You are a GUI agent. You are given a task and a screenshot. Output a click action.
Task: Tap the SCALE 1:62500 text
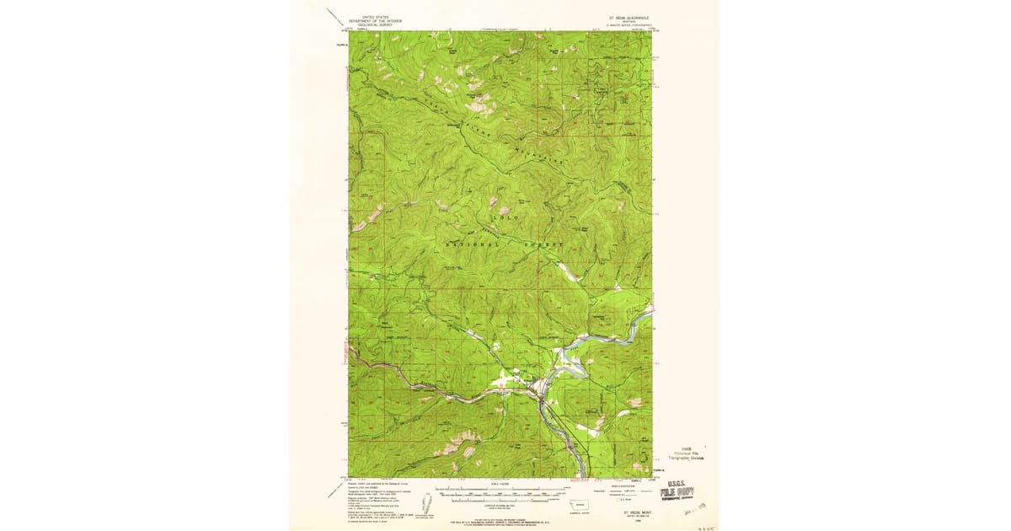pos(499,482)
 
